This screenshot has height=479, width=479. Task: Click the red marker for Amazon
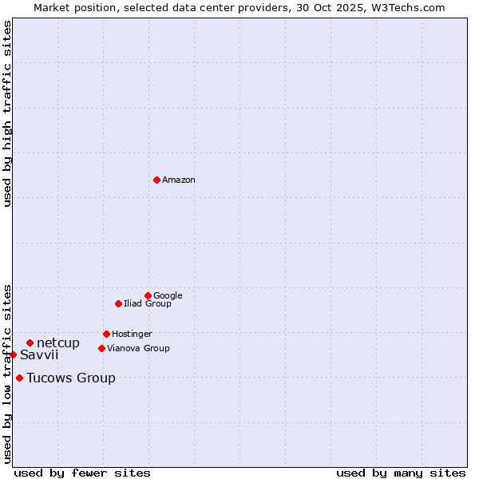point(156,180)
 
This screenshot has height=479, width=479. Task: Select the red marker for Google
point(148,295)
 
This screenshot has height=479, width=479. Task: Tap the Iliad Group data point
point(118,303)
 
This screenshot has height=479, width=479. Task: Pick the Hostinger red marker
point(106,334)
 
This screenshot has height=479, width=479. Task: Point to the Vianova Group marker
point(101,348)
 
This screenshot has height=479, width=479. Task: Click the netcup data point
point(30,343)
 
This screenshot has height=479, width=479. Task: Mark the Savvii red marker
point(13,354)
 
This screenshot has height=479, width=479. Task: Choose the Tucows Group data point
point(19,378)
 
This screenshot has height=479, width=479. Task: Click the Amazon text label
point(179,180)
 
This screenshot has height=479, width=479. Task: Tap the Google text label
point(168,296)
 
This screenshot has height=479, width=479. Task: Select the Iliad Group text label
point(148,304)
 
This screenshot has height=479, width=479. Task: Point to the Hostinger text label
point(132,335)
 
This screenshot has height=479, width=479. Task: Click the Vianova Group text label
point(138,349)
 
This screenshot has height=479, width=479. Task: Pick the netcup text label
point(58,343)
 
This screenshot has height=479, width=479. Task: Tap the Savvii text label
point(39,355)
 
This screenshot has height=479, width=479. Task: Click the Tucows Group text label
point(71,378)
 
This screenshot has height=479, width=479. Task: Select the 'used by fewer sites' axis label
point(82,473)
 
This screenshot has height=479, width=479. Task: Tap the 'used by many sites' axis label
point(401,473)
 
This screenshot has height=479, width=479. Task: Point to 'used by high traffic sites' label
point(7,113)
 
